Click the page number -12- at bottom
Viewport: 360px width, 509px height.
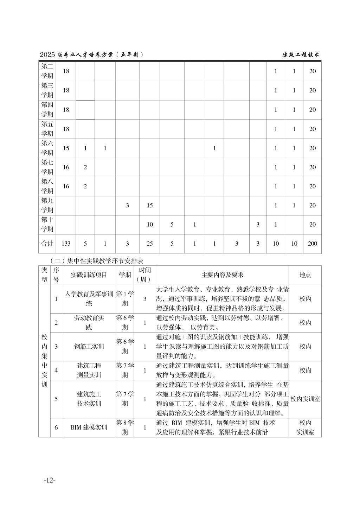(x=50, y=480)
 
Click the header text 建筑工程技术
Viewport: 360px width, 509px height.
(x=301, y=55)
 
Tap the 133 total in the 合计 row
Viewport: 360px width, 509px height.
(x=66, y=244)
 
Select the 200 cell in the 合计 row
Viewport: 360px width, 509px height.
(x=312, y=244)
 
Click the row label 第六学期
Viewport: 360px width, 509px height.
(x=47, y=148)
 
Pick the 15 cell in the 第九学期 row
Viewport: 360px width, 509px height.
(x=150, y=205)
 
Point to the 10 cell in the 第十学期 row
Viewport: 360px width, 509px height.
(x=150, y=225)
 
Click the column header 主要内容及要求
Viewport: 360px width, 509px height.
(x=222, y=275)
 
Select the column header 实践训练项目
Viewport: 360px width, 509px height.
(x=89, y=275)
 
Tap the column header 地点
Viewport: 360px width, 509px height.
(x=305, y=275)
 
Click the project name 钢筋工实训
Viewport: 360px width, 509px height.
(x=89, y=347)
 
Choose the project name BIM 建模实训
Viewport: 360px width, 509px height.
(x=89, y=427)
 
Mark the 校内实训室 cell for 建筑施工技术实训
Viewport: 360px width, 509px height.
(x=305, y=399)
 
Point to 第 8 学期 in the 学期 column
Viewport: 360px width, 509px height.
(x=125, y=427)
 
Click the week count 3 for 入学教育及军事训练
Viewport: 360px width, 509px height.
(x=144, y=299)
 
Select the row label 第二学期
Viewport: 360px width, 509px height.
(x=47, y=71)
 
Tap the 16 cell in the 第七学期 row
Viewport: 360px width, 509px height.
(x=66, y=167)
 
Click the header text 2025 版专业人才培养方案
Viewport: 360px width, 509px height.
(x=91, y=55)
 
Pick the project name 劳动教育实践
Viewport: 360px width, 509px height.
(x=89, y=323)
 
